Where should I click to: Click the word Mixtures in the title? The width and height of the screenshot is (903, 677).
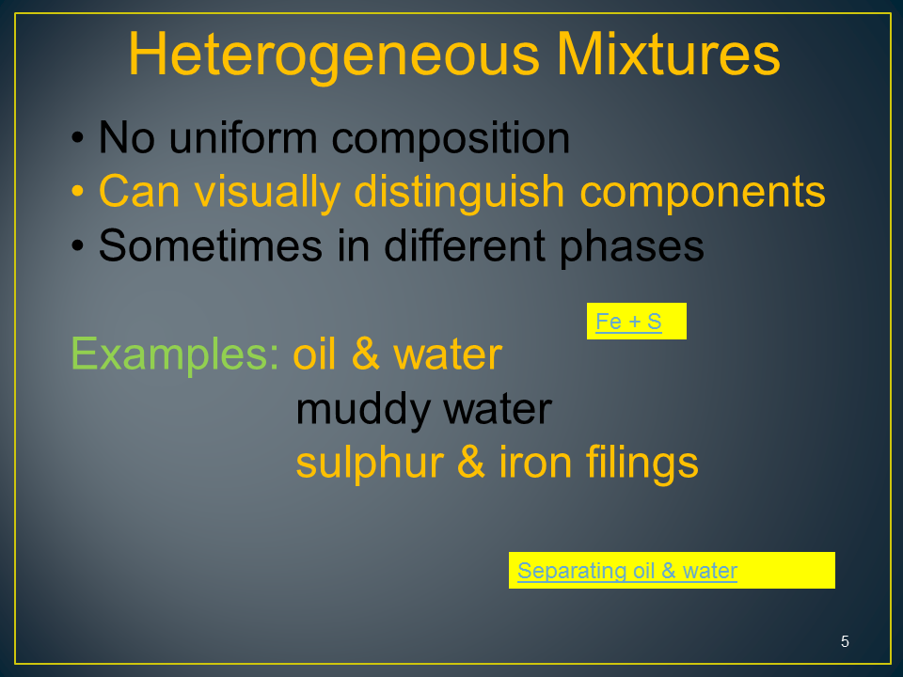click(x=668, y=54)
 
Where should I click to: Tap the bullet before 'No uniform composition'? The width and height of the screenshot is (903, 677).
click(x=78, y=138)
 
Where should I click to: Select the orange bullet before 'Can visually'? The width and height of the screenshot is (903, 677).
click(x=78, y=191)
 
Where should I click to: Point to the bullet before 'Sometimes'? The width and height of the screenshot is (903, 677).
click(x=78, y=245)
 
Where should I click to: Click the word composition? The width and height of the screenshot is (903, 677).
click(x=451, y=139)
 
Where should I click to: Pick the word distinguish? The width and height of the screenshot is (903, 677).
click(x=459, y=193)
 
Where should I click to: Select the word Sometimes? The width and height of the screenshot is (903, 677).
click(x=210, y=245)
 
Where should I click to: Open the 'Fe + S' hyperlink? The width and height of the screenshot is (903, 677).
click(x=628, y=322)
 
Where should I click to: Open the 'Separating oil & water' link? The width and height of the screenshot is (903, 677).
click(x=627, y=571)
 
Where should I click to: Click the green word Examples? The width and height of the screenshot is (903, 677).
click(x=175, y=355)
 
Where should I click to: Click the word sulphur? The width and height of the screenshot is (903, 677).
click(x=370, y=464)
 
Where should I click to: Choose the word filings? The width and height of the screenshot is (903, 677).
click(x=642, y=464)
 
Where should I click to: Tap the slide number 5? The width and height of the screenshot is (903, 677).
click(x=845, y=641)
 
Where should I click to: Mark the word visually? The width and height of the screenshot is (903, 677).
click(x=267, y=193)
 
